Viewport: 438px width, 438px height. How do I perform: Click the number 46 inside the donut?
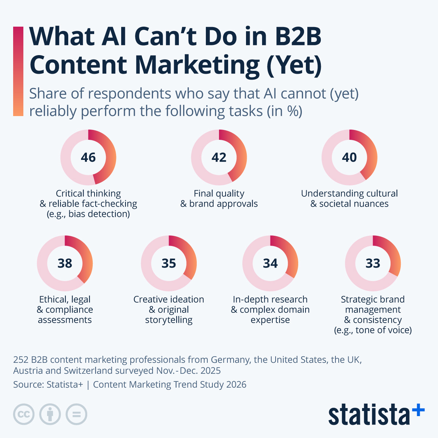(x=88, y=157)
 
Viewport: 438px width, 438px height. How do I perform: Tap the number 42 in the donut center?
(x=219, y=157)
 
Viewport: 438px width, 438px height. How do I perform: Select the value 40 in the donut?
(x=349, y=157)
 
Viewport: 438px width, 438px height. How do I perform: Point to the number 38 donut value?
(x=65, y=263)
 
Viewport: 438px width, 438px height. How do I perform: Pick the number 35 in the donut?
(x=169, y=263)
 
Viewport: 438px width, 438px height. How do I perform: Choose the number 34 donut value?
(x=270, y=263)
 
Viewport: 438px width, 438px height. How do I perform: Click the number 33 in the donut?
(x=373, y=263)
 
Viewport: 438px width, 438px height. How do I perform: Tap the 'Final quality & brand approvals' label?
(x=219, y=199)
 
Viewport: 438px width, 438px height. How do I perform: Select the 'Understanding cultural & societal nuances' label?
(x=349, y=199)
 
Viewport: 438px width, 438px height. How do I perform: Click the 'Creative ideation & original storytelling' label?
(x=169, y=310)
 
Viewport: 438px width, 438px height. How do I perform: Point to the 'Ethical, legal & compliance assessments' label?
(x=65, y=310)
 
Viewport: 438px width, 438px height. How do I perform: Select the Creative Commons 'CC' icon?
(x=24, y=414)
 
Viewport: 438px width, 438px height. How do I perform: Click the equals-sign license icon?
(x=76, y=414)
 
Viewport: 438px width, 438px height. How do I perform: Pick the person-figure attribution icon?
(x=50, y=414)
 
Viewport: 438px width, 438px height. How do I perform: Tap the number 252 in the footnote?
(x=21, y=360)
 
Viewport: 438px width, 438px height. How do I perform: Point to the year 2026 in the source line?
(x=236, y=384)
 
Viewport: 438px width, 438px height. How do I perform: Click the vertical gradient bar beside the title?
(x=18, y=71)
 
